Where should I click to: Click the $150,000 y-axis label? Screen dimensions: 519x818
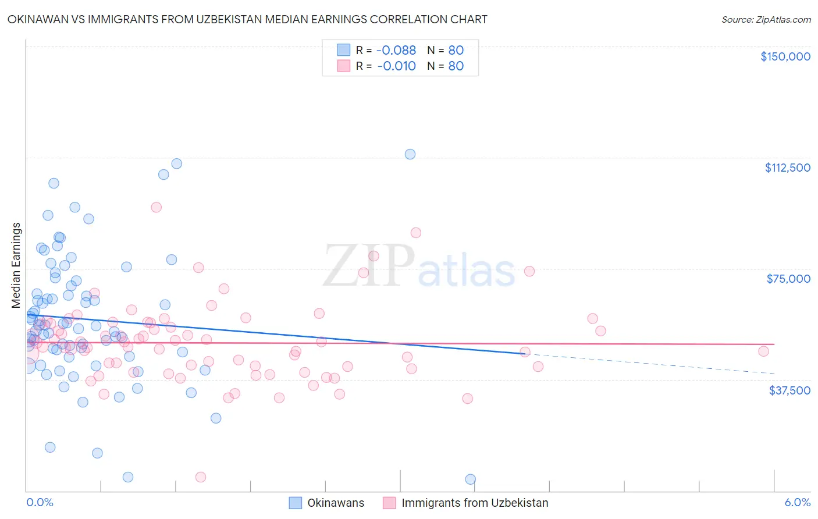tap(785, 56)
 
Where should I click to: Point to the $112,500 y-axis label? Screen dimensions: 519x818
tap(787, 168)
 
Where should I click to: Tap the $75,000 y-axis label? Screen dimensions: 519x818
tap(788, 279)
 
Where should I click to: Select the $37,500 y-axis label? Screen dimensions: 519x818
tap(789, 390)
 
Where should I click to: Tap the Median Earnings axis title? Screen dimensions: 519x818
tap(16, 265)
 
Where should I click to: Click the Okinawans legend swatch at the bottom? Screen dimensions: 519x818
tap(296, 503)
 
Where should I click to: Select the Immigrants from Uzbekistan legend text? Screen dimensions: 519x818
tap(475, 503)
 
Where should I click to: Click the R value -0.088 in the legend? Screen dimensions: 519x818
tap(396, 51)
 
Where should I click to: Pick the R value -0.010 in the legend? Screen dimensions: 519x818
tap(396, 66)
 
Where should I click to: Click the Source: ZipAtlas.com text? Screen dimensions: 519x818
tap(766, 20)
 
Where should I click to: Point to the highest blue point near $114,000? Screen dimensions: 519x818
tap(410, 154)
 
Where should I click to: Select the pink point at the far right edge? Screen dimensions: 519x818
tap(763, 351)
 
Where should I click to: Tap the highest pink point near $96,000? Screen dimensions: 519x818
tap(156, 207)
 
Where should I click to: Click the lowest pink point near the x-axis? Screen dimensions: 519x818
tap(201, 477)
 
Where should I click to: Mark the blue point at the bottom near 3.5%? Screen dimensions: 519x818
tap(470, 479)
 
